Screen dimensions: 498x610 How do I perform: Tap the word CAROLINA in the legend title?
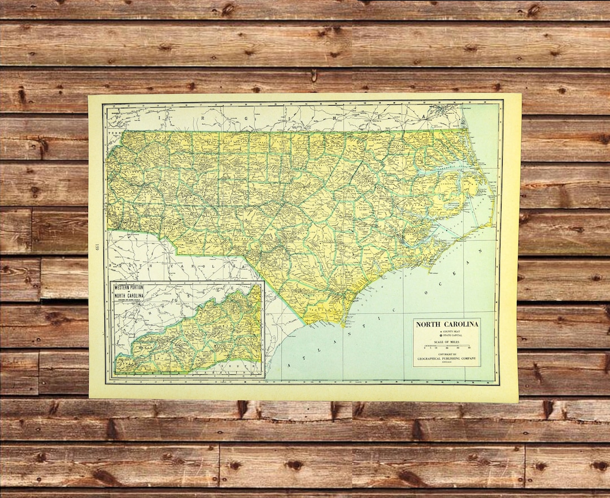(461, 324)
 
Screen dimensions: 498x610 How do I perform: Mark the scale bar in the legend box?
(446, 347)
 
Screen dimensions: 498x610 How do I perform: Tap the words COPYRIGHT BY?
(446, 355)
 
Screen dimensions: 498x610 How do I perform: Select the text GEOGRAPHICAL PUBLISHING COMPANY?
(447, 359)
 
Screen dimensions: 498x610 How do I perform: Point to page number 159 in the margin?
(97, 246)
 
